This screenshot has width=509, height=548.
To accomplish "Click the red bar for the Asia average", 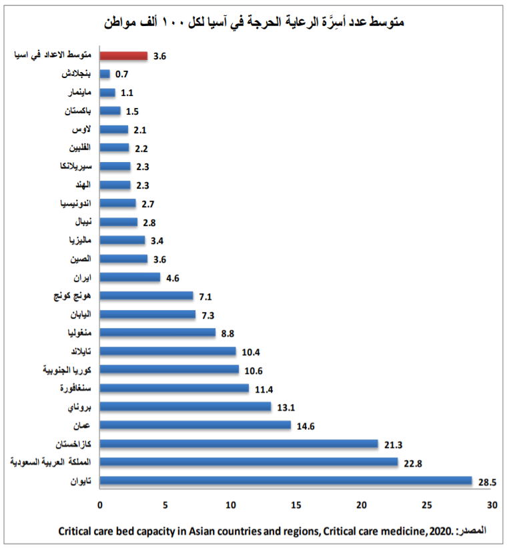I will point(123,56).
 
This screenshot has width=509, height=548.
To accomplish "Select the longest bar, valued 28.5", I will point(286,480).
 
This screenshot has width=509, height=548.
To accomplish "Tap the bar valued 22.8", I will point(248,462).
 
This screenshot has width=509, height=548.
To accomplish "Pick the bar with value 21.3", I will point(238,443).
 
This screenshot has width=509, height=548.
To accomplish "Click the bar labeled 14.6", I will point(195,425).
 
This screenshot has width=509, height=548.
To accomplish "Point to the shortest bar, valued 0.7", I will point(105,74).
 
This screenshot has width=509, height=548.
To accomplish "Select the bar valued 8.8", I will point(157,332).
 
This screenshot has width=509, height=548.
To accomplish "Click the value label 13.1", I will point(286,406).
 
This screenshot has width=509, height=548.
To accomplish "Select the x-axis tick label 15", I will point(296,505).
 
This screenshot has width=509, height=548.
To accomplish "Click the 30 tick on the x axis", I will point(492,505).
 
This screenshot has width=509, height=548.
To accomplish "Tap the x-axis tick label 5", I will point(165,505).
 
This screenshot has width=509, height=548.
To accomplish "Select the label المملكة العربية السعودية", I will point(51,461).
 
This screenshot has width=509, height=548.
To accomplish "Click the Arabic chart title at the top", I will point(254,21).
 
